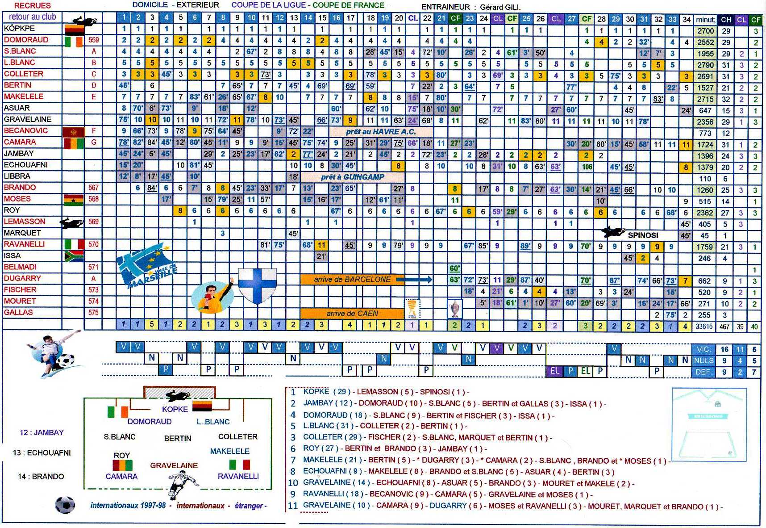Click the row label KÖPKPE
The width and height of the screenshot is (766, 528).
(x=19, y=28)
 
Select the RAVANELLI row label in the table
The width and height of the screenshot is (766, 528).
(x=24, y=244)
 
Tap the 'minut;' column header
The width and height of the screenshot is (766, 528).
(x=705, y=20)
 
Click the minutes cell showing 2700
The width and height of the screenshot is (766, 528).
(x=705, y=31)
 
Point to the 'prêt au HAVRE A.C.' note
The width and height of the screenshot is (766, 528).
(x=380, y=132)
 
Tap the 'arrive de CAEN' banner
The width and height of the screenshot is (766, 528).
(x=352, y=314)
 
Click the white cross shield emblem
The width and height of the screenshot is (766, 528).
(x=257, y=285)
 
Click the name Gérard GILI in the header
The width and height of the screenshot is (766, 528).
(x=500, y=7)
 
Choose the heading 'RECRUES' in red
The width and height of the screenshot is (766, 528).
(x=33, y=6)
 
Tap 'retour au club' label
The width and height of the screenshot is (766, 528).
(x=32, y=17)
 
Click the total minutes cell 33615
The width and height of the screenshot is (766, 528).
(x=704, y=327)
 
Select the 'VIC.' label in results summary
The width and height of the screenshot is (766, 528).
(x=703, y=349)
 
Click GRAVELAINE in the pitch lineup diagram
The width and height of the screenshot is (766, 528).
(x=174, y=465)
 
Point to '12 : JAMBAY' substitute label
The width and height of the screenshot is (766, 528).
(x=42, y=432)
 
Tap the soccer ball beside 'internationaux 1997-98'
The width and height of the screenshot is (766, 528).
(x=65, y=504)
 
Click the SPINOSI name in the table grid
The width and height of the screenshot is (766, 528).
(x=643, y=235)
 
